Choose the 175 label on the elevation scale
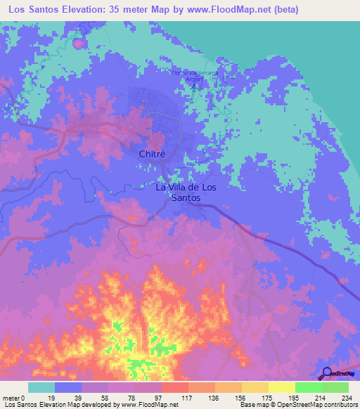coord(266,398)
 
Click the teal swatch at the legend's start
coord(41,387)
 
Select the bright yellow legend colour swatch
coord(281,387)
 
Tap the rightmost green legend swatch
coord(335,387)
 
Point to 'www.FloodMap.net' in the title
coord(232,9)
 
